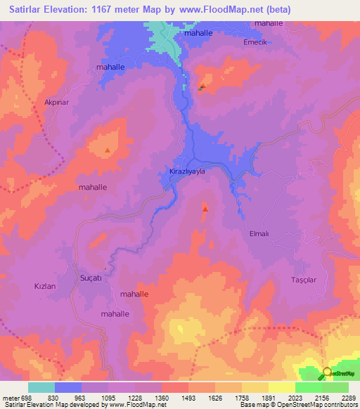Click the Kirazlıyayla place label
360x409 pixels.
tap(187, 171)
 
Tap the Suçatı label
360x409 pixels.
tap(91, 278)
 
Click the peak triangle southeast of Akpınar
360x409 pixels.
tap(107, 150)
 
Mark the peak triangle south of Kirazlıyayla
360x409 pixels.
tap(205, 209)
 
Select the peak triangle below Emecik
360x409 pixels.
tap(202, 87)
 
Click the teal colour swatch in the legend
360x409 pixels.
tap(41, 387)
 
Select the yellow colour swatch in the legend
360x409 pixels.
tap(281, 387)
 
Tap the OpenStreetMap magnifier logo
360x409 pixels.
tap(327, 373)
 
